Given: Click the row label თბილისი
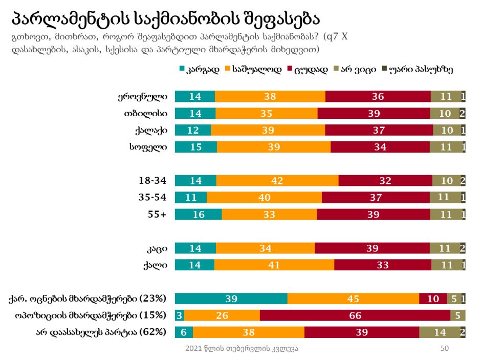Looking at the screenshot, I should pyautogui.click(x=152, y=113).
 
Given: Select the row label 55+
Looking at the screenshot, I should pyautogui.click(x=157, y=214).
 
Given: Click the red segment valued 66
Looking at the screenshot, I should pyautogui.click(x=355, y=315).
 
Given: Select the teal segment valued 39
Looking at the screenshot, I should pyautogui.click(x=231, y=299).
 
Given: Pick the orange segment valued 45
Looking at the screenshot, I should pyautogui.click(x=353, y=299).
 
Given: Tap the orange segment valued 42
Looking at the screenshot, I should pyautogui.click(x=277, y=180).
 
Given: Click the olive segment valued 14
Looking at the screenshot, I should pyautogui.click(x=440, y=332).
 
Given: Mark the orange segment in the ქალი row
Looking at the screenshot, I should pyautogui.click(x=274, y=265).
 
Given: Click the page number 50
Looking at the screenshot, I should pyautogui.click(x=445, y=348).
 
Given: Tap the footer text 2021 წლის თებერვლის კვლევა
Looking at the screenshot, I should pyautogui.click(x=242, y=348).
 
